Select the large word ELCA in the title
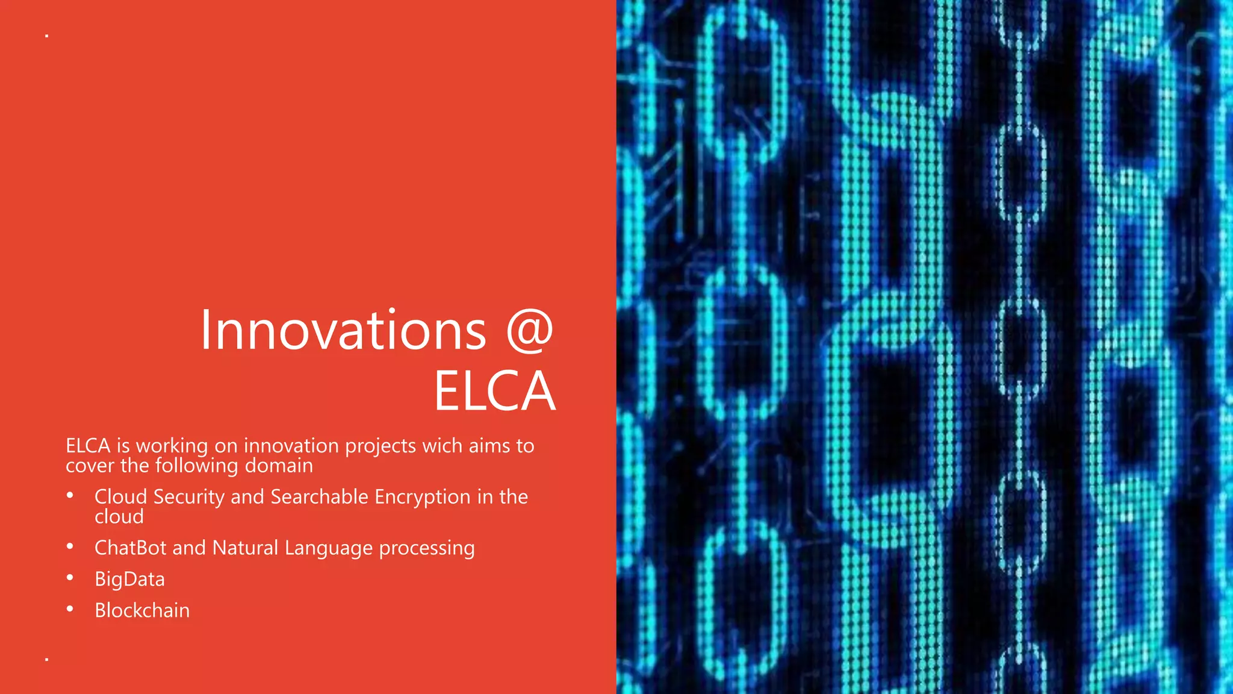point(494,392)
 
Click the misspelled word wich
point(443,446)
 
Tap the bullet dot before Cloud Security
point(70,495)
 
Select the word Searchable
point(319,496)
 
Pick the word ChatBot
point(130,548)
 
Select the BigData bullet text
point(129,580)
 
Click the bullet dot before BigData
point(70,578)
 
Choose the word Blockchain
point(142,610)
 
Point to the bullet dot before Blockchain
point(70,609)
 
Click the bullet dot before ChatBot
point(70,546)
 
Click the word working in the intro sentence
point(172,447)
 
